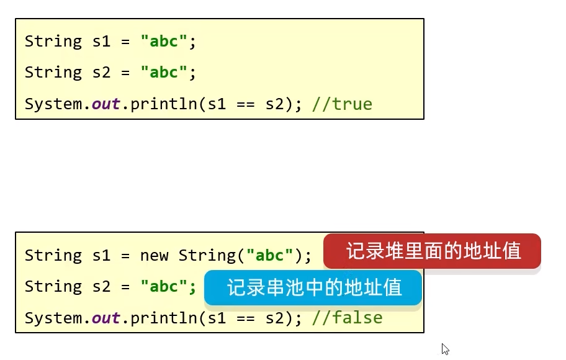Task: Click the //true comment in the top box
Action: tap(342, 104)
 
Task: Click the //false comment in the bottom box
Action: tap(347, 318)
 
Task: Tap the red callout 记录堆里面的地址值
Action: tap(432, 251)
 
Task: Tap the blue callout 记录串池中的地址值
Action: tap(313, 288)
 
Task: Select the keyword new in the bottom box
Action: tap(154, 256)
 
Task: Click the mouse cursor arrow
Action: tap(444, 348)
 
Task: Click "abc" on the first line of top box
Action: tap(164, 42)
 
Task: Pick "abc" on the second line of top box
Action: tap(164, 73)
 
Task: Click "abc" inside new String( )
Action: tap(270, 256)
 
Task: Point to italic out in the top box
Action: tap(106, 104)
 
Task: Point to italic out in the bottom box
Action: tap(106, 318)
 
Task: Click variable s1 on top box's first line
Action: tap(102, 42)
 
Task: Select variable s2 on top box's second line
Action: tap(102, 73)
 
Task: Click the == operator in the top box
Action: tap(246, 104)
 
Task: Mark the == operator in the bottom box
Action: tap(246, 318)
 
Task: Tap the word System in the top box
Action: tap(53, 104)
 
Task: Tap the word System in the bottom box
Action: tap(53, 318)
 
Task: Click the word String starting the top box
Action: tap(53, 42)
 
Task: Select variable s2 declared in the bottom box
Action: tap(102, 287)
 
